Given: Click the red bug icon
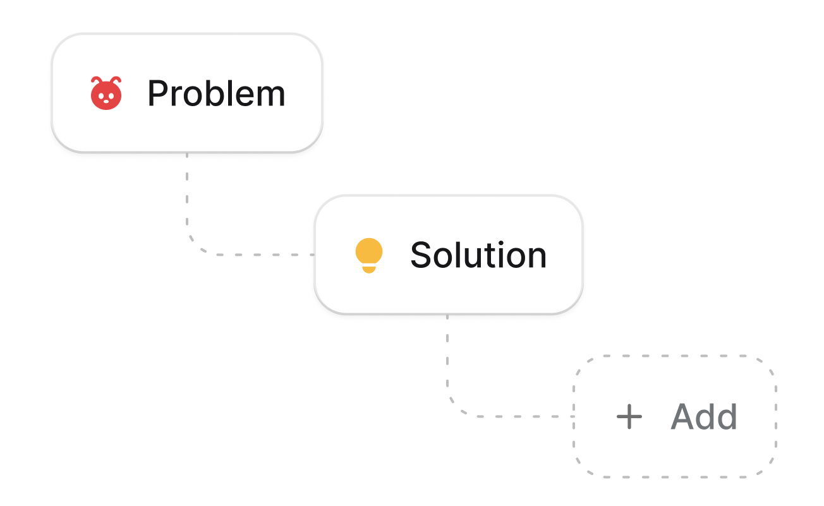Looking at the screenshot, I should [106, 93].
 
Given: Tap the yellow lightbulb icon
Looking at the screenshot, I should [369, 255].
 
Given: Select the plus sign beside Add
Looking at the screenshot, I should [629, 417].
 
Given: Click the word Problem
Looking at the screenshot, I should [216, 94].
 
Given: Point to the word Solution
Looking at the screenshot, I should [478, 255].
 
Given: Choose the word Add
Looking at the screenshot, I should [704, 417].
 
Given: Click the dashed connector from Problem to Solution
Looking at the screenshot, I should [188, 215].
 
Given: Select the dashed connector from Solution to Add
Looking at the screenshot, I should [449, 379].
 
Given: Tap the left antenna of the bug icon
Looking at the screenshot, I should [95, 80].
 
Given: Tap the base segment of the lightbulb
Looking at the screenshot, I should [369, 270].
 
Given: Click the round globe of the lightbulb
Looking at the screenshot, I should [369, 251].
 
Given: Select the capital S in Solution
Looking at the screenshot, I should [421, 255].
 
